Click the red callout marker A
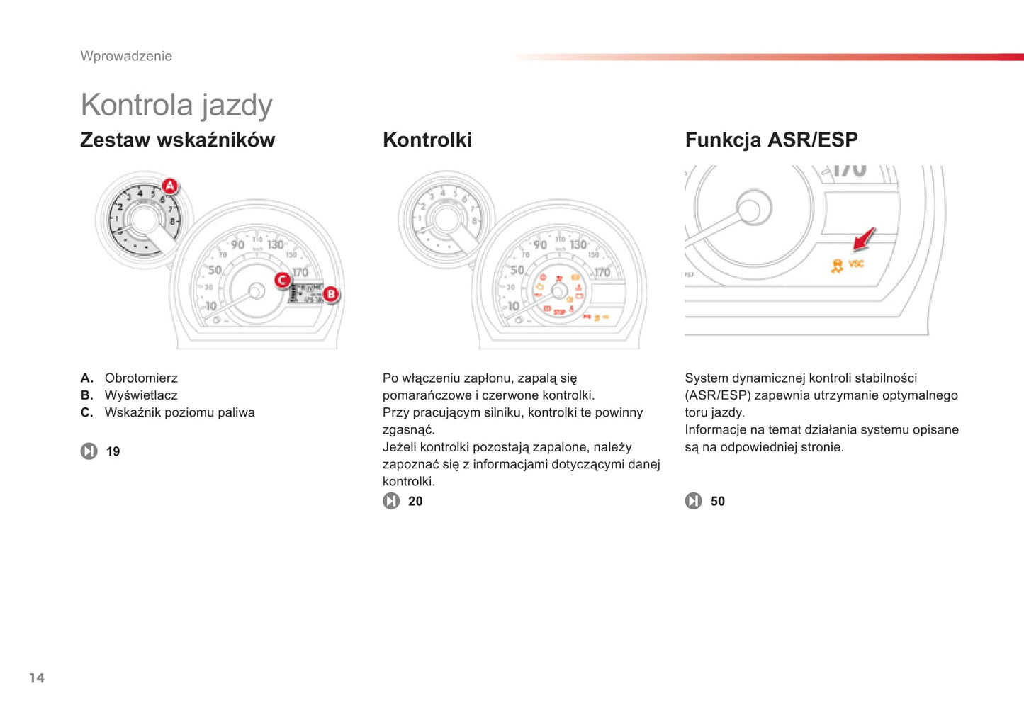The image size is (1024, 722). (170, 186)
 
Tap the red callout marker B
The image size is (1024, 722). (331, 294)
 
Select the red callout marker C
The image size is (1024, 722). (283, 280)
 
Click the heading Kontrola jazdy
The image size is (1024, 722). (176, 106)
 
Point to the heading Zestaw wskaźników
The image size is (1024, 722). (178, 140)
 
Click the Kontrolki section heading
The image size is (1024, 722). (427, 140)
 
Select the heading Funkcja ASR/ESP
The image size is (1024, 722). (771, 140)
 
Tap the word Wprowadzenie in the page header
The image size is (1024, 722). (126, 56)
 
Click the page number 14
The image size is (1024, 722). (37, 677)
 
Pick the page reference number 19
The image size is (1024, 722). (113, 451)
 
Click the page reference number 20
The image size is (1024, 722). (415, 501)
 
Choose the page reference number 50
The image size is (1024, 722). (718, 501)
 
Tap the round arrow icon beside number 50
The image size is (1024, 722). (694, 501)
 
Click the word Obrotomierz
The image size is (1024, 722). (141, 378)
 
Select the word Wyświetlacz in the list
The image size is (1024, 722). (141, 395)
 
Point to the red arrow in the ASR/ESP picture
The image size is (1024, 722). (864, 239)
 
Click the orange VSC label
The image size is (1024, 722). (856, 264)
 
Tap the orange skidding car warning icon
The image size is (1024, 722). (837, 266)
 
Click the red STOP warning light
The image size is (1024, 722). (560, 312)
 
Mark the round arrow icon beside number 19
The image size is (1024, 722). (89, 451)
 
